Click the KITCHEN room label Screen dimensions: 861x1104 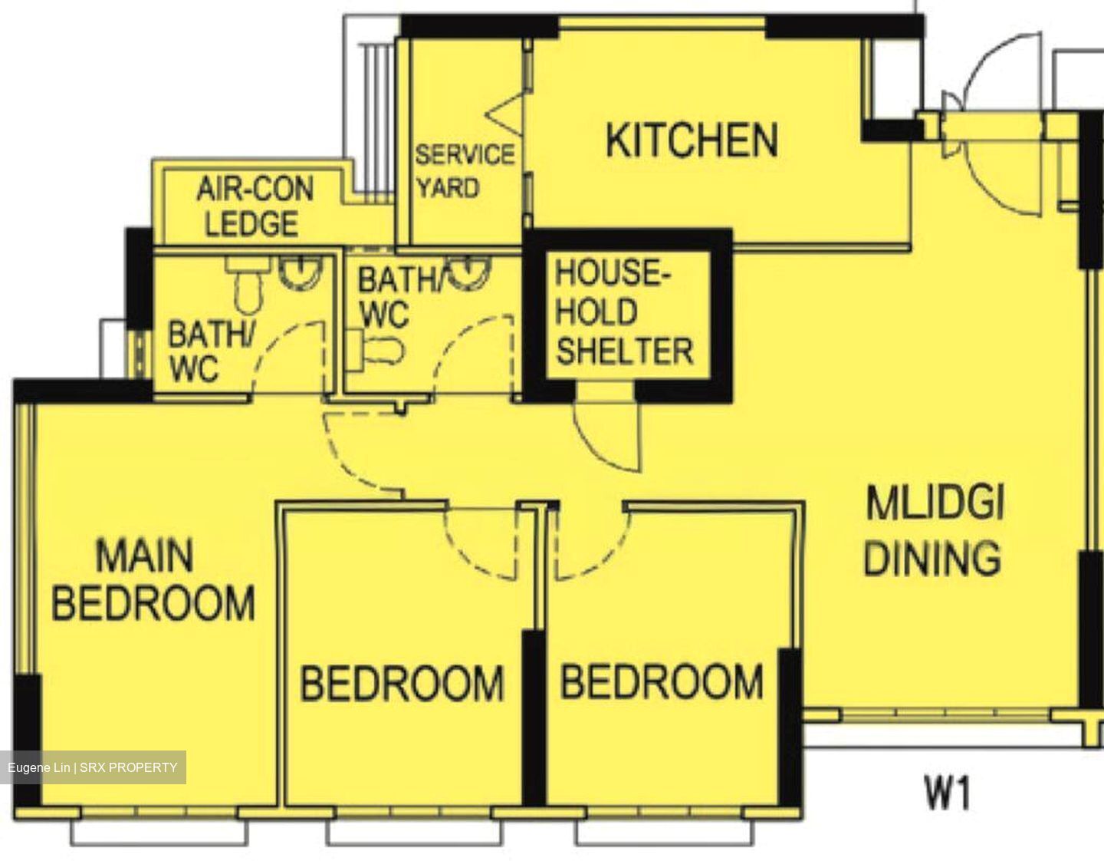coord(692,140)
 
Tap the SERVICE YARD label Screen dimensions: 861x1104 coord(463,171)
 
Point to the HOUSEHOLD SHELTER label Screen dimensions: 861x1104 coord(624,312)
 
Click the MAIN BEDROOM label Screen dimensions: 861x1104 coord(152,579)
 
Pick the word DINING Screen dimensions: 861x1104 coord(932,558)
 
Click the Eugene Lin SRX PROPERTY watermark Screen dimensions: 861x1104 coord(93,767)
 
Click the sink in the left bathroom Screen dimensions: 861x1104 coord(299,273)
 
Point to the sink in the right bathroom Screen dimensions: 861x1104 coord(465,273)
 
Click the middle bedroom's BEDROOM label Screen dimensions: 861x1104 coord(402,683)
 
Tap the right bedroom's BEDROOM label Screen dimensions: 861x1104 coord(662,681)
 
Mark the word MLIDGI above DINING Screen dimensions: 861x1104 coord(935,504)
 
